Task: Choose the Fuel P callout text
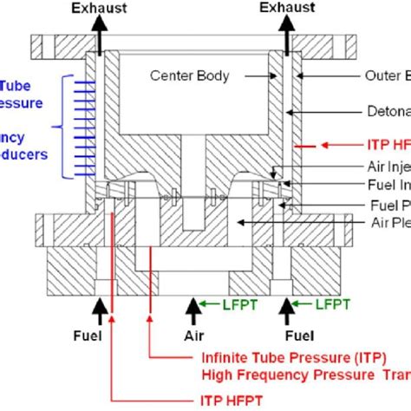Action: pyautogui.click(x=389, y=205)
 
